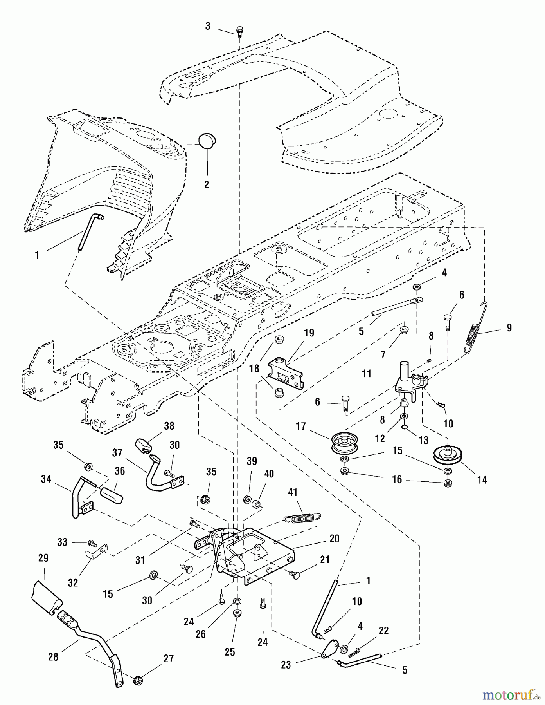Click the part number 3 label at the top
208,26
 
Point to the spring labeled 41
302,518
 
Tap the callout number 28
53,656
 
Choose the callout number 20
335,539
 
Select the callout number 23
286,665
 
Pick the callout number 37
117,453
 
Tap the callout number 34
46,479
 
